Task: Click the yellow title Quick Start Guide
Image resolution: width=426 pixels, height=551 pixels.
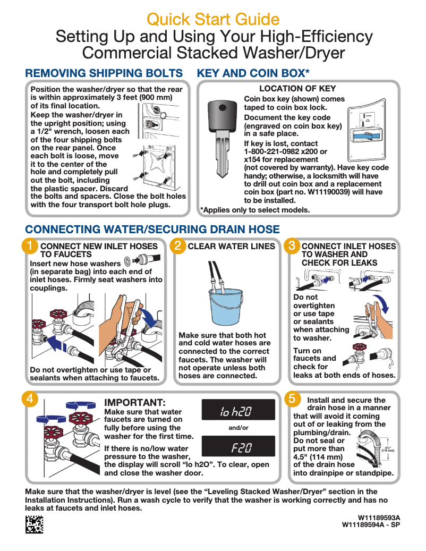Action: click(213, 19)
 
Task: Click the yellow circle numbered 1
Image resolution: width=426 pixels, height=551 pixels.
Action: click(30, 245)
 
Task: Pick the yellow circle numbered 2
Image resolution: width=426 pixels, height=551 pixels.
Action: click(178, 245)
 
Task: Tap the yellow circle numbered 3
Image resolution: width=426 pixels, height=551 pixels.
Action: click(292, 245)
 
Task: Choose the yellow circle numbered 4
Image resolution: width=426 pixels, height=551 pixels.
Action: click(30, 399)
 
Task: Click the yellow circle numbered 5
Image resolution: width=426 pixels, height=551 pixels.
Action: click(292, 399)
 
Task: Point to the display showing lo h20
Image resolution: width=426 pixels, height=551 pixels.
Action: click(238, 410)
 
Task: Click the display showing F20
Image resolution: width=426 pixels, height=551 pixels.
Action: click(238, 446)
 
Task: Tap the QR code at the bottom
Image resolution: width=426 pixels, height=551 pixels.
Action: click(34, 524)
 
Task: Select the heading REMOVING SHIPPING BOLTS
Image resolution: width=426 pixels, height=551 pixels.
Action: click(104, 73)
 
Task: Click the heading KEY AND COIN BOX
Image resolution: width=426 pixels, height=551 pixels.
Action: click(253, 73)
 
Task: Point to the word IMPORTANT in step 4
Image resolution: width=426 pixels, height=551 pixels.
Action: click(134, 402)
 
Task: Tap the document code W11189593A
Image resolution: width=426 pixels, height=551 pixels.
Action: click(379, 518)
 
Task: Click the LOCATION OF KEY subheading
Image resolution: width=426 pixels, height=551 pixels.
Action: click(297, 89)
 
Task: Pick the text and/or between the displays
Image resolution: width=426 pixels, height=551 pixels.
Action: click(238, 428)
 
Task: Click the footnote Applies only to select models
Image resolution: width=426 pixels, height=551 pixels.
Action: click(255, 210)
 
